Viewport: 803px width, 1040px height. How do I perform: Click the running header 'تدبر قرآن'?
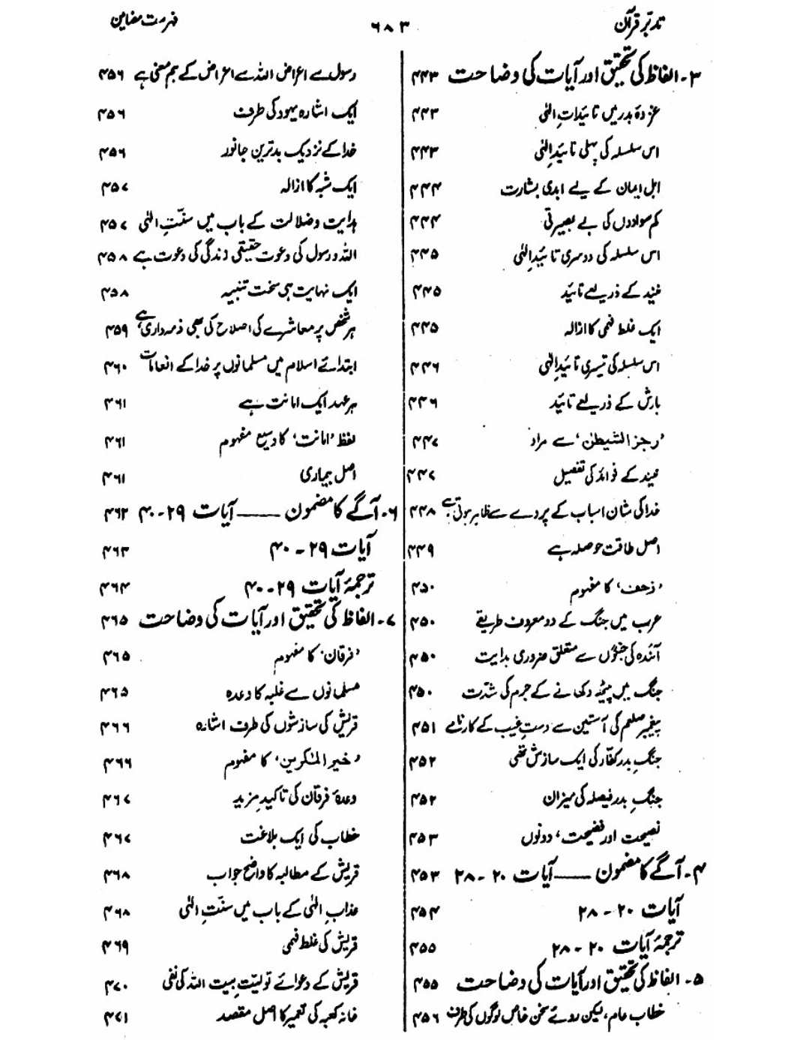click(x=640, y=25)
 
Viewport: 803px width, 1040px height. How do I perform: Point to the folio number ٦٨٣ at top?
click(x=391, y=28)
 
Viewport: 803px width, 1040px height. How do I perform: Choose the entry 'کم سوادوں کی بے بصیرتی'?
click(x=604, y=221)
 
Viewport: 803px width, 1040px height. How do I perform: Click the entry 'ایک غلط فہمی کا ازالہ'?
click(x=611, y=329)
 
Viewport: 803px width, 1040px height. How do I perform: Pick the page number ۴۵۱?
click(x=424, y=726)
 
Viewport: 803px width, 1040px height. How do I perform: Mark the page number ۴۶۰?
click(x=115, y=367)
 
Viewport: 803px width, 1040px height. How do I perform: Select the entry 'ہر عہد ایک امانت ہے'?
click(x=298, y=404)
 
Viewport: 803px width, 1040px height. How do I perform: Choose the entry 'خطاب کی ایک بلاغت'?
click(x=300, y=836)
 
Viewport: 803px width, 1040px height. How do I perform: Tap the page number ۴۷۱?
click(x=115, y=1017)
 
